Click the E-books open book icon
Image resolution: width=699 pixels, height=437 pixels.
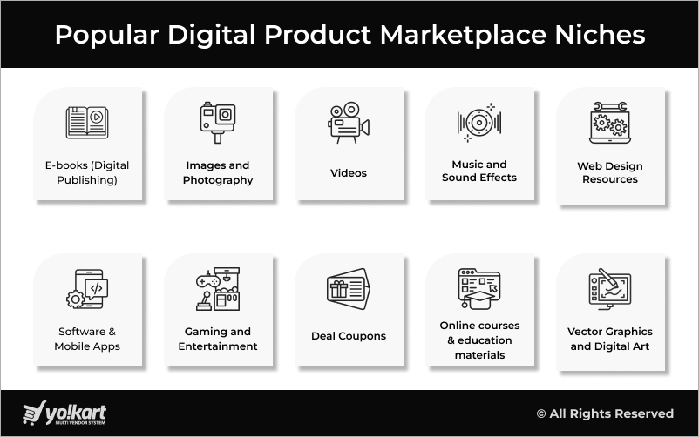(87, 122)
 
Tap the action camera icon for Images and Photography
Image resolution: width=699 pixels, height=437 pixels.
(218, 123)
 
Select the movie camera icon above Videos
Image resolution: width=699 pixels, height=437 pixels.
(348, 124)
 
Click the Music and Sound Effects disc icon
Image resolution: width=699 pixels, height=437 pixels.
(478, 123)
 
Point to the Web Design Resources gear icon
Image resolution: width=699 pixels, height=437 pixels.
(610, 123)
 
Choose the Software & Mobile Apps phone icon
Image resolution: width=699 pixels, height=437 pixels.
(87, 289)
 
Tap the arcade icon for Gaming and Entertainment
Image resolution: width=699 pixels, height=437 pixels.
(218, 289)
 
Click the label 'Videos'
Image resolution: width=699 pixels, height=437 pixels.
(349, 173)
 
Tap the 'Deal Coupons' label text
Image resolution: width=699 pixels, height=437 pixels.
(349, 336)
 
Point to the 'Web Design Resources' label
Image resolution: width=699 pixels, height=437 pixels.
(610, 172)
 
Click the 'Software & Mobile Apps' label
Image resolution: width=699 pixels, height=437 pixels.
(87, 339)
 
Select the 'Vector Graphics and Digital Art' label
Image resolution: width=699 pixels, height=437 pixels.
(610, 339)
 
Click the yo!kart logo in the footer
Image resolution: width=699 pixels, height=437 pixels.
(65, 413)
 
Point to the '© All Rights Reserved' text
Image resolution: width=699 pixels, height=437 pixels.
(605, 413)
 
